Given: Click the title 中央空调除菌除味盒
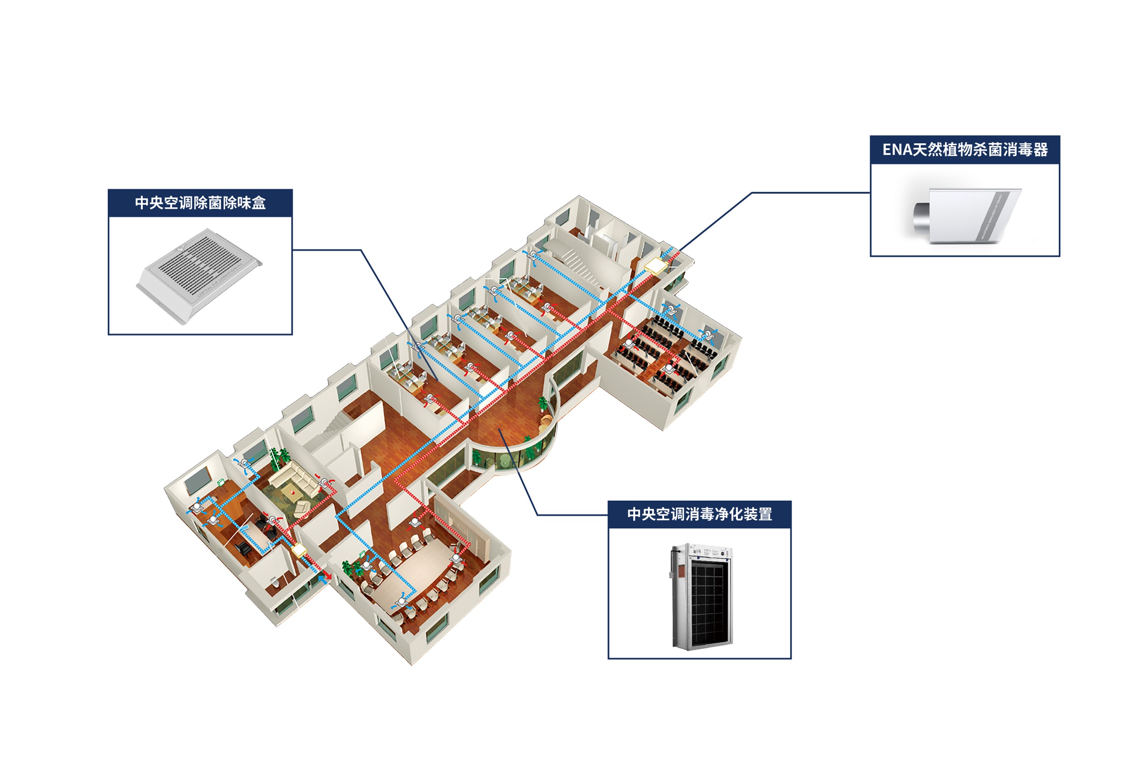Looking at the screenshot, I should tap(200, 202).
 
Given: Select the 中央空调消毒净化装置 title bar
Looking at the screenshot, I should tap(699, 514).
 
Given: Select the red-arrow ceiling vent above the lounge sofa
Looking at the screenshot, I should tap(324, 483).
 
